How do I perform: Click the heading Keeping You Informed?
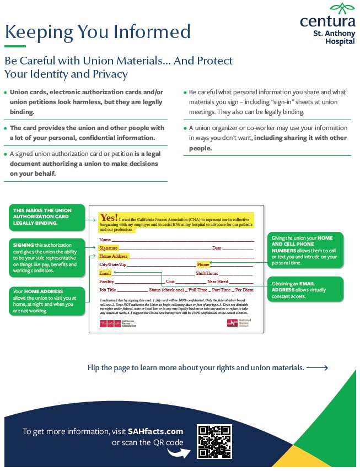98,31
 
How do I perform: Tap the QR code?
214,441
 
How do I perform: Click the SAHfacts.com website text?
155,431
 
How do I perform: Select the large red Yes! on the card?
109,218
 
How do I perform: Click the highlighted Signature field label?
109,248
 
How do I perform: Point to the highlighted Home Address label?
114,256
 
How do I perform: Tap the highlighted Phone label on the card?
203,265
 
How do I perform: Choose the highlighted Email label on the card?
105,273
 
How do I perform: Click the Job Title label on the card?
108,290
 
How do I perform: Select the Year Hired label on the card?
217,281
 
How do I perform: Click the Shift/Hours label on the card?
207,273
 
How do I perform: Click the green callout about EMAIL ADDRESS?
305,289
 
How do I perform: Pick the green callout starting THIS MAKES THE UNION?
47,216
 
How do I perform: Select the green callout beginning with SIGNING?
47,257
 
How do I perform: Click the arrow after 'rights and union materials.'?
317,367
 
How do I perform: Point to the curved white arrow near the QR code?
176,452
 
